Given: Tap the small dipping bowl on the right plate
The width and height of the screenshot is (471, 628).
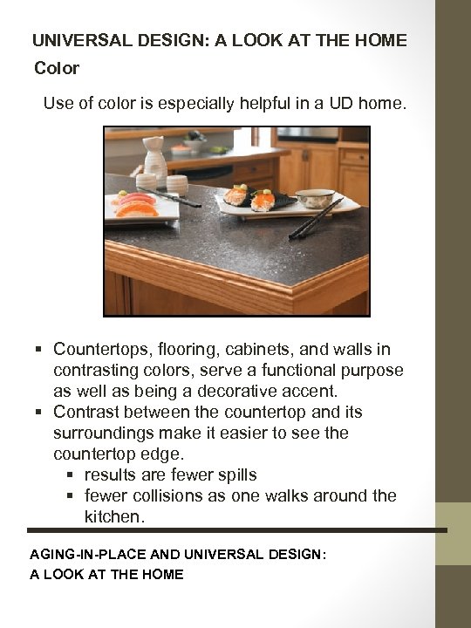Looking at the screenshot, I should tap(315, 198).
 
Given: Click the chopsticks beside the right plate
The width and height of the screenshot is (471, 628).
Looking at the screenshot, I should tap(316, 218).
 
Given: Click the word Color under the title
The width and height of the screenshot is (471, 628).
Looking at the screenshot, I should tap(57, 67).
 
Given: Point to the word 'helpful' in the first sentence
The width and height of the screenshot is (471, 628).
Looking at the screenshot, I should tap(267, 104).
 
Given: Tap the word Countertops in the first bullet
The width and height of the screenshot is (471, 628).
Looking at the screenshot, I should tap(102, 350).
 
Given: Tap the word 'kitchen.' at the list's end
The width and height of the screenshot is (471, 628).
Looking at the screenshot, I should tap(114, 516).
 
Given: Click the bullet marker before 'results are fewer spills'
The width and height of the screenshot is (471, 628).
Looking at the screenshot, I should tap(70, 475).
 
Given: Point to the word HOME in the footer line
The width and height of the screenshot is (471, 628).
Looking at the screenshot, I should tap(163, 574).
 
